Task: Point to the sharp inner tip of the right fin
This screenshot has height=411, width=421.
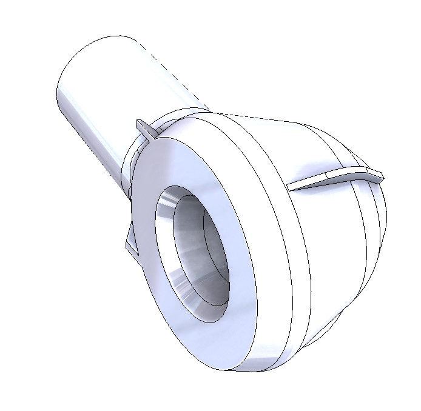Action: (291, 189)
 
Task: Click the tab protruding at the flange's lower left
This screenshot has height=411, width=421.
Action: (130, 242)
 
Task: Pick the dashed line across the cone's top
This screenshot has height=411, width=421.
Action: (255, 116)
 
